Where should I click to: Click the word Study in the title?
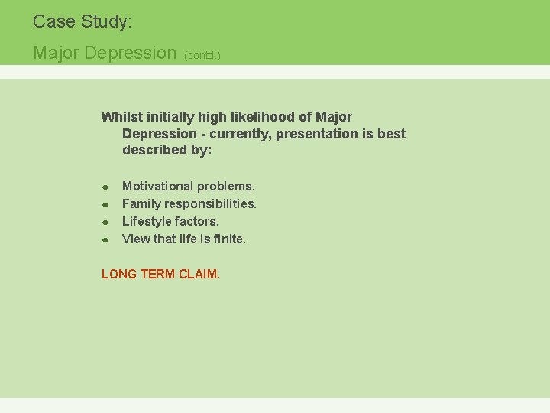pyautogui.click(x=105, y=22)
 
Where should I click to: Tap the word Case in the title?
pyautogui.click(x=53, y=21)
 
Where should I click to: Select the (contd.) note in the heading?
pyautogui.click(x=202, y=56)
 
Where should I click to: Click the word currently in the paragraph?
pyautogui.click(x=239, y=134)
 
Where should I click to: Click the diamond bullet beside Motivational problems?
pyautogui.click(x=106, y=187)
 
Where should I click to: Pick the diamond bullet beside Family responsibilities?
pyautogui.click(x=106, y=204)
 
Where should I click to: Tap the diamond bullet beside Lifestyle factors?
pyautogui.click(x=106, y=222)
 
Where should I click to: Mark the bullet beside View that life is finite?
pyautogui.click(x=106, y=239)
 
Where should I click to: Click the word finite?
pyautogui.click(x=228, y=239)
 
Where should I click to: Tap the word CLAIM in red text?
pyautogui.click(x=199, y=274)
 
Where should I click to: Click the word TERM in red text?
pyautogui.click(x=157, y=274)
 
